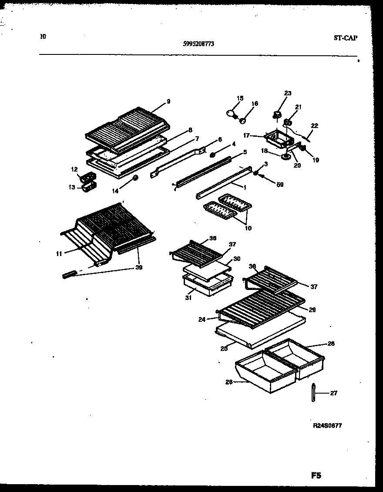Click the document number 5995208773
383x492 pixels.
pyautogui.click(x=198, y=44)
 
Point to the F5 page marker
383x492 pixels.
pyautogui.click(x=316, y=476)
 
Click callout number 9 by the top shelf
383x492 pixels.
pyautogui.click(x=168, y=101)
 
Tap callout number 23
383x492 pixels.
pyautogui.click(x=288, y=93)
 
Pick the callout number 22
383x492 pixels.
pyautogui.click(x=314, y=126)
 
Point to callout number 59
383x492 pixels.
pyautogui.click(x=280, y=184)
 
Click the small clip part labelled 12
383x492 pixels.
pyautogui.click(x=86, y=177)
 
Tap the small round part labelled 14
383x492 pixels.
pyautogui.click(x=136, y=178)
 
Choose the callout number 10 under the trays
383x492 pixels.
pyautogui.click(x=248, y=228)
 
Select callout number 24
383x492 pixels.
pyautogui.click(x=202, y=319)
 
